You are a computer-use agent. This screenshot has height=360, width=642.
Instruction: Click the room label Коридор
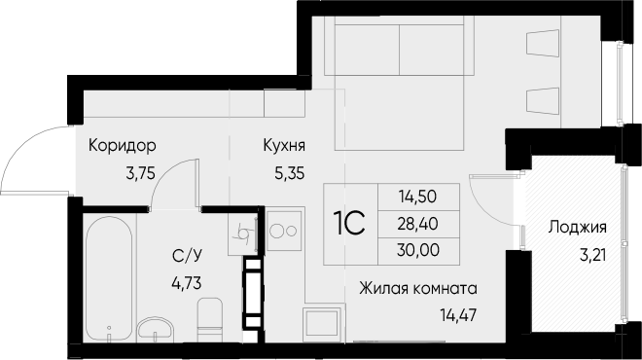[122, 145]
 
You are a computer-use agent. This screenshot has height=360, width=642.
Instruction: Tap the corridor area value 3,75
[141, 174]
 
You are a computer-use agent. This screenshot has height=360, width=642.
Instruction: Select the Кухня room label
[284, 145]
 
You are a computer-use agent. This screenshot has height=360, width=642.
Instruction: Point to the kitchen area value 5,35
[290, 174]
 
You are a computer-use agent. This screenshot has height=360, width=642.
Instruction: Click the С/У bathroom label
[187, 257]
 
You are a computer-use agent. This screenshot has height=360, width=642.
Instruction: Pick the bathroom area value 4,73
[187, 283]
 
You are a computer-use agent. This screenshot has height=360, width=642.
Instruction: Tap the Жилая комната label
[418, 289]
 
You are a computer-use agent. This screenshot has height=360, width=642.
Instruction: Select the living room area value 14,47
[458, 315]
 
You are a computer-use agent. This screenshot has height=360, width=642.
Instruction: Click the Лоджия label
[577, 228]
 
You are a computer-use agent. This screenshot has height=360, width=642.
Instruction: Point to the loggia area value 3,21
[592, 255]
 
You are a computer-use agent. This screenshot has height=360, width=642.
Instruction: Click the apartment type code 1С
[350, 224]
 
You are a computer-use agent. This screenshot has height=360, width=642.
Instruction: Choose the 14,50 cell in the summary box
[418, 197]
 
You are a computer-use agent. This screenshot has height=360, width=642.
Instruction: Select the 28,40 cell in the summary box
[418, 224]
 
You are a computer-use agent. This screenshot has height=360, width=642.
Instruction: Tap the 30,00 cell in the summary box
[418, 250]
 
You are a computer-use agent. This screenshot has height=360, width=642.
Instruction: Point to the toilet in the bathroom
[210, 319]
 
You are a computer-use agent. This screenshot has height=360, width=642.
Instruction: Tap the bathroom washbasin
[156, 329]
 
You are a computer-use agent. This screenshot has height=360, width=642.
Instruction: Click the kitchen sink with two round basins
[285, 231]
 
